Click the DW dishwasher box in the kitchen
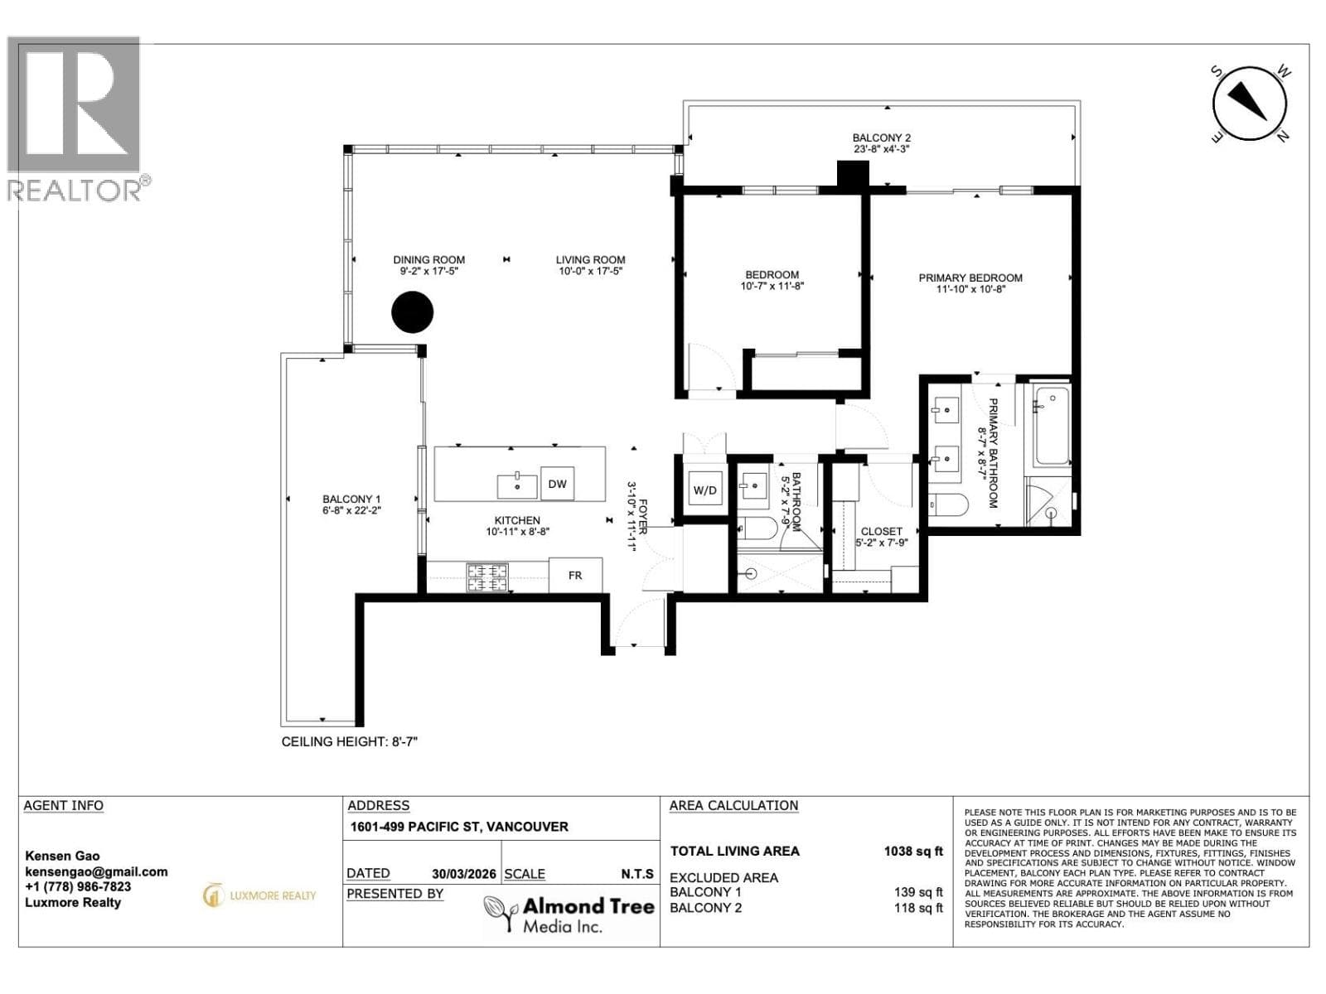[557, 484]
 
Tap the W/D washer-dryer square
[705, 490]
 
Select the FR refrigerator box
[575, 575]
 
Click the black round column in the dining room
[413, 312]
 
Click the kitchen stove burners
[486, 577]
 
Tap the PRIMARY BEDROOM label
[970, 277]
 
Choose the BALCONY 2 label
[882, 138]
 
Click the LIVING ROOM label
[590, 260]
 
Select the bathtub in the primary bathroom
[1051, 426]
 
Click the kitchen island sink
[517, 486]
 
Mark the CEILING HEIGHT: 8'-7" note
[349, 741]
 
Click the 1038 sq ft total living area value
[912, 851]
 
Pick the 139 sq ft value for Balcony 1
[918, 892]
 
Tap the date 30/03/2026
[463, 874]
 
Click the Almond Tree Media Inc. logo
[569, 913]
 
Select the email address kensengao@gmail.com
[96, 872]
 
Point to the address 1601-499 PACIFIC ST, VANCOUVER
[459, 827]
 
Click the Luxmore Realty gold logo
[259, 895]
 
